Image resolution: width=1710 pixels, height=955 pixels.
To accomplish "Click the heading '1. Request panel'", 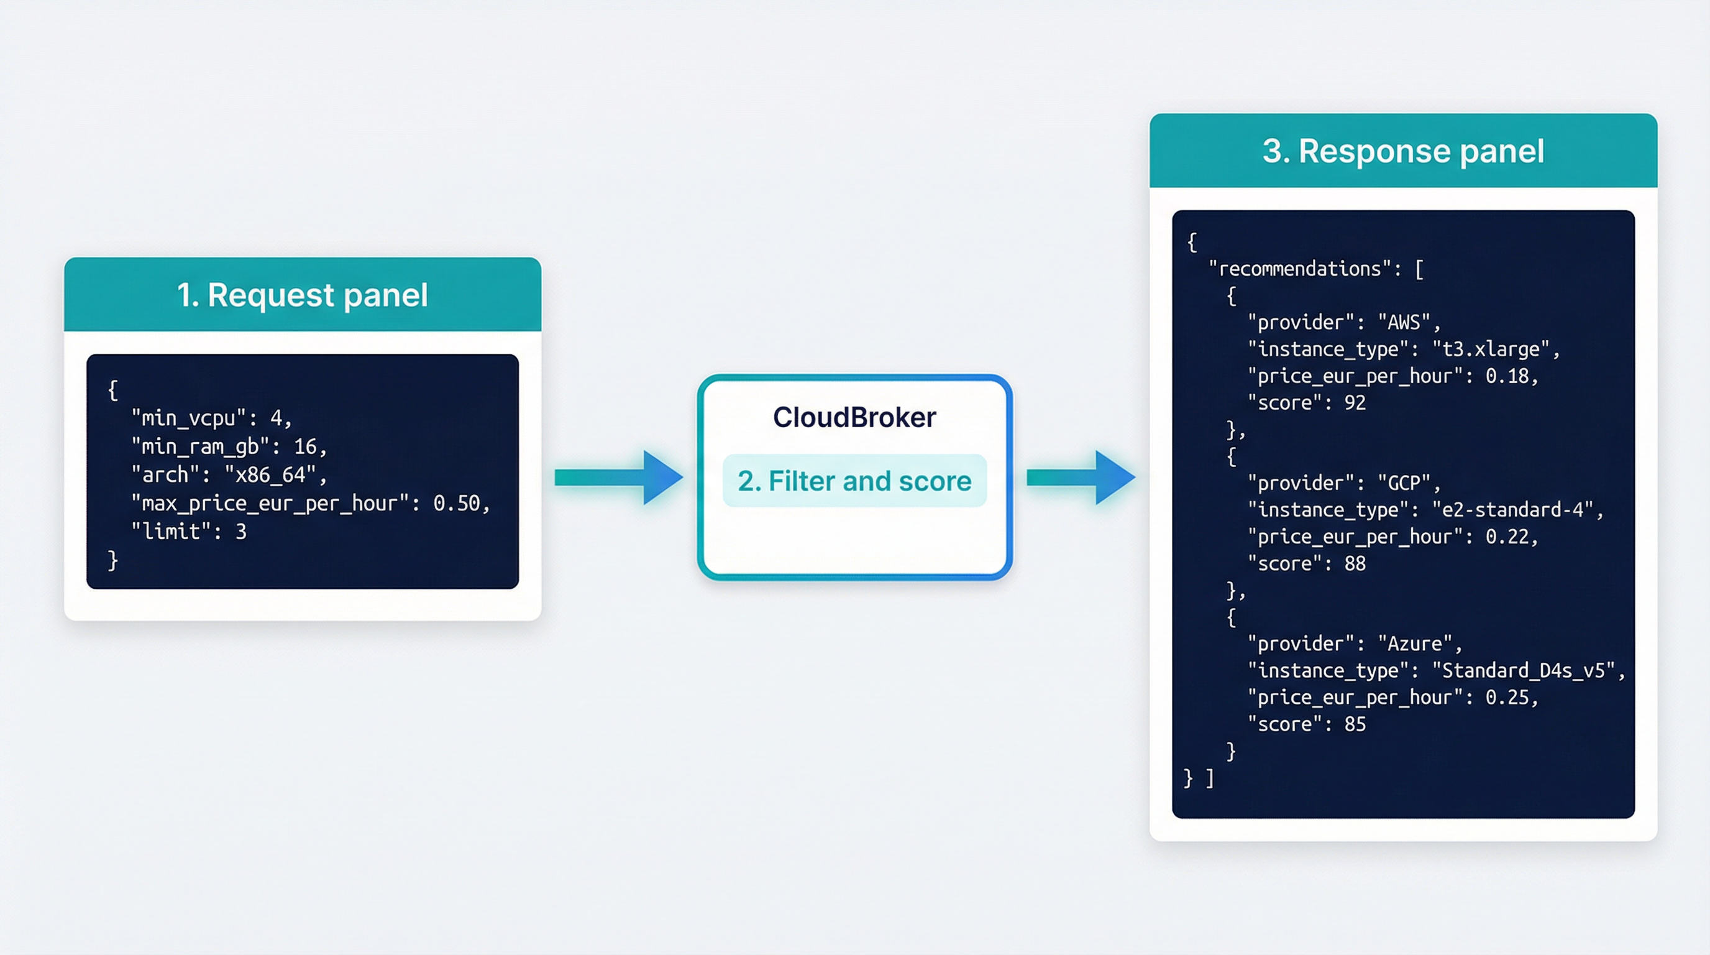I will (x=302, y=295).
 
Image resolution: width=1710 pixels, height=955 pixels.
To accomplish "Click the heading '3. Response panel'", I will (x=1402, y=152).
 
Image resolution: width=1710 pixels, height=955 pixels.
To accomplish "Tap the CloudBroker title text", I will (x=854, y=417).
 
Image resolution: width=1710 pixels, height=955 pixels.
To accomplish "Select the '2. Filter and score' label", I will (x=854, y=481).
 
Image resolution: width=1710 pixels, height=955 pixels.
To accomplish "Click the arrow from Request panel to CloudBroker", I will (x=618, y=477).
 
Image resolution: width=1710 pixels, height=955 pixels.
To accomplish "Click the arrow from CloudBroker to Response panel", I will (x=1080, y=477).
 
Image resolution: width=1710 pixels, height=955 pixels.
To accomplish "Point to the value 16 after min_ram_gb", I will (x=305, y=447).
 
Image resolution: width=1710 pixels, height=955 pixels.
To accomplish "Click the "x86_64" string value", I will (x=270, y=476).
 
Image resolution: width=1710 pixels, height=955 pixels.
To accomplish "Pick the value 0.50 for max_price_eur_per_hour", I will (x=457, y=504).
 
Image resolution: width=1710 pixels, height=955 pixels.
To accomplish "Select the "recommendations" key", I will (x=1299, y=269).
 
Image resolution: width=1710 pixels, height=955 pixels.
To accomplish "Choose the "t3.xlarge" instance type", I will (x=1491, y=349).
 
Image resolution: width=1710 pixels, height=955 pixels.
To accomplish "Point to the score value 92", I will (x=1355, y=403).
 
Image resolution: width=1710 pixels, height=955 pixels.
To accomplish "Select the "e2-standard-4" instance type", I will (x=1512, y=510).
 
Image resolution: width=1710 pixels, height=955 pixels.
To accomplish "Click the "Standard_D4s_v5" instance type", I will (x=1523, y=671).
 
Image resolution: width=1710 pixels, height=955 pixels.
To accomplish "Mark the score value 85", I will (x=1355, y=724).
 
